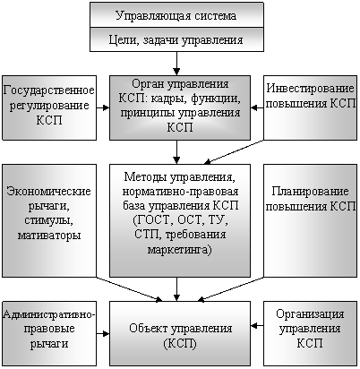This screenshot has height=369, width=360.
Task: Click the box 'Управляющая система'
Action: coord(176,15)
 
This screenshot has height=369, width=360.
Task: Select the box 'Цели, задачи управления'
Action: coord(176,39)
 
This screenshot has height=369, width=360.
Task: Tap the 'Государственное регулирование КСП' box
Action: coord(49,107)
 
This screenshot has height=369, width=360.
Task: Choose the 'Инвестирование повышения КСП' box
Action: coord(310,107)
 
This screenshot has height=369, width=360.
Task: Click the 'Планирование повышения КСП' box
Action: coord(310,220)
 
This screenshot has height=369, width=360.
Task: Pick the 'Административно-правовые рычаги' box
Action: coord(49,333)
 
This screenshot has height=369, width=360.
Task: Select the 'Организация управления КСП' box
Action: coord(310,333)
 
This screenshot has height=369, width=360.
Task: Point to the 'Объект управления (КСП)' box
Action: coord(180,333)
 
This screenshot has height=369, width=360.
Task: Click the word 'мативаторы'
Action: coord(49,236)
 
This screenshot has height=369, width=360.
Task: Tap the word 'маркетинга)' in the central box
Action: coord(180,249)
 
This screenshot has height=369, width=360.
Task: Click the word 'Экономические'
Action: coord(48,191)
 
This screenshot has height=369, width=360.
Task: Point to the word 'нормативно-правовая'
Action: coord(180,192)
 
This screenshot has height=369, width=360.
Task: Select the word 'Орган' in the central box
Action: coord(145,84)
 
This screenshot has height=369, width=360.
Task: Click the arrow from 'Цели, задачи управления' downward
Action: coord(176,64)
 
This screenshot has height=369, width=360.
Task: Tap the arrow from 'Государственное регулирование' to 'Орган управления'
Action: coord(103,107)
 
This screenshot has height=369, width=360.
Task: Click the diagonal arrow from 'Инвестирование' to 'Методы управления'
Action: coord(234,152)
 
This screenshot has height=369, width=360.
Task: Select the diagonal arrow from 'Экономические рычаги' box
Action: coord(129,289)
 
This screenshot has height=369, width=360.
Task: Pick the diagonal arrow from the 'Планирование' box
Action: coord(230,289)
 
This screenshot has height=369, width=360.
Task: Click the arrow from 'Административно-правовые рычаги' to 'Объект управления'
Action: coord(103,333)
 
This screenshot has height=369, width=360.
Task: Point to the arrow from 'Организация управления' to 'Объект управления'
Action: coord(257,325)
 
